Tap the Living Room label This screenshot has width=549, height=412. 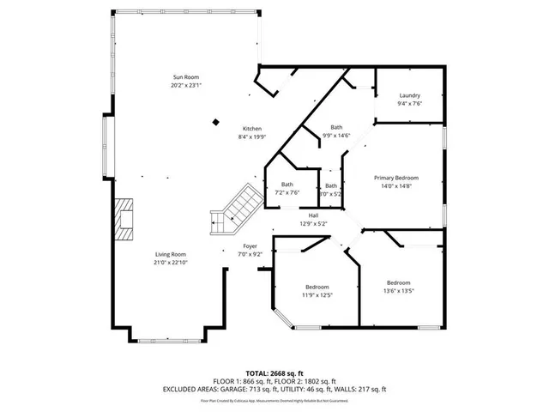coord(171,254)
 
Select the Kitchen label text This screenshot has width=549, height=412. coord(251,128)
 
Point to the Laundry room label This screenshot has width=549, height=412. coord(409,95)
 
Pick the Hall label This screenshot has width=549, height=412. coord(313,215)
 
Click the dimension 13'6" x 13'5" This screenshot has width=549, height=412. coord(399,291)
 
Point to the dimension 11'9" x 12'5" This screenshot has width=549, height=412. coord(317,294)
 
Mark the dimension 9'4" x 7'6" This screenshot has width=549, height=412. coord(409,103)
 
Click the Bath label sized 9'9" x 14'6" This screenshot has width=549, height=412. coord(335,127)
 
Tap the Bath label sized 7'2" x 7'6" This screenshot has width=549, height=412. coord(287,185)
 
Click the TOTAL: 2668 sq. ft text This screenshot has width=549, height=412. coord(274,373)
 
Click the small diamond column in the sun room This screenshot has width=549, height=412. coord(215,121)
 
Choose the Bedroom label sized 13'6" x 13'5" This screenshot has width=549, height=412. coord(399,283)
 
